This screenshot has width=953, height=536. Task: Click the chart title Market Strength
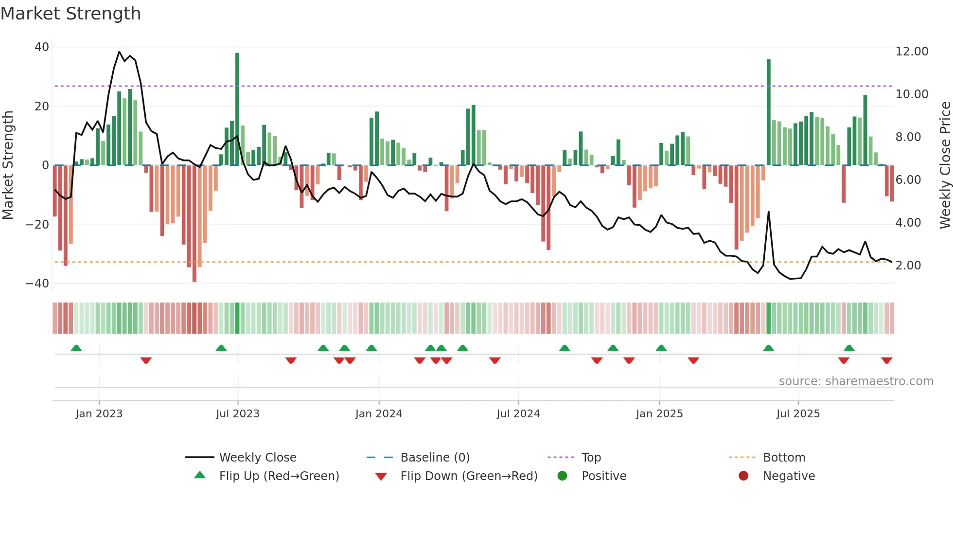[71, 14]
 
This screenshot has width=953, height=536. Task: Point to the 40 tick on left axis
[42, 47]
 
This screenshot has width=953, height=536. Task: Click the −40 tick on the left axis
[37, 283]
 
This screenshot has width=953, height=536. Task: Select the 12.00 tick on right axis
[912, 52]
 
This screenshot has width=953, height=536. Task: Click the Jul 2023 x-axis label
[238, 414]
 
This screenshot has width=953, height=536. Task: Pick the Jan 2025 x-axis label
[659, 414]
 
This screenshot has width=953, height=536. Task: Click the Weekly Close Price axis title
[945, 165]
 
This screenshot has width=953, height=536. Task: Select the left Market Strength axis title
[8, 165]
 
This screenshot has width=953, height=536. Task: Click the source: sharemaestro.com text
[856, 381]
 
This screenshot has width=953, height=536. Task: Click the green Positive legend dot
[563, 476]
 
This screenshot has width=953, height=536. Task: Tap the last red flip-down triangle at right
[886, 360]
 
